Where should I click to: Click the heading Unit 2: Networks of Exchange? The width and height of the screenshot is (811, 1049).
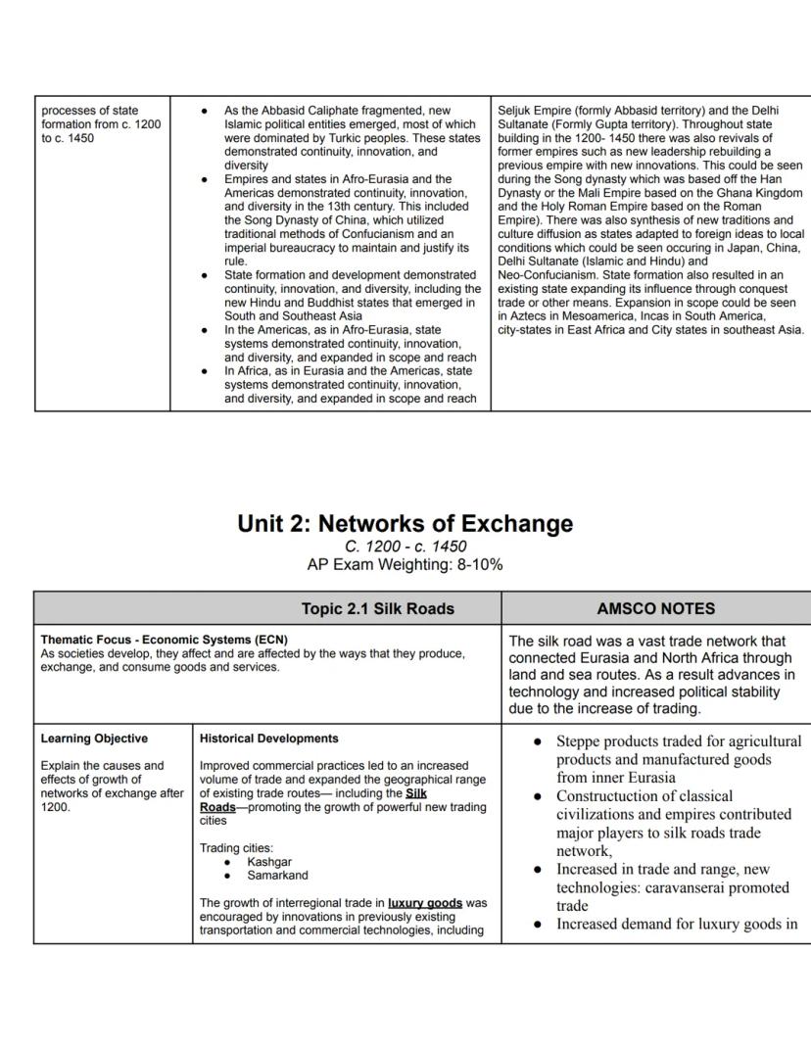click(405, 523)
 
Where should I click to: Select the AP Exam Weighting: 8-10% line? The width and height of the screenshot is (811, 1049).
click(405, 564)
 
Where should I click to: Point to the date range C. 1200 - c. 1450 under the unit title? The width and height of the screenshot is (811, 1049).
click(405, 546)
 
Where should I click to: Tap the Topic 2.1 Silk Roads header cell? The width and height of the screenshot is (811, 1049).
click(377, 608)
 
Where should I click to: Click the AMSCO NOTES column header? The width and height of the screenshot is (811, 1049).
click(655, 608)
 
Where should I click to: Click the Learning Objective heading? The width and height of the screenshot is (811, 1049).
click(94, 739)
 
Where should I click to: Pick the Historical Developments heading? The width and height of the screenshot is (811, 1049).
click(268, 739)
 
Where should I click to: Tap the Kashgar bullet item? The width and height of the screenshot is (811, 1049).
click(269, 862)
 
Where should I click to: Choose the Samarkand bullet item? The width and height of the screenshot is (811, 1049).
click(277, 876)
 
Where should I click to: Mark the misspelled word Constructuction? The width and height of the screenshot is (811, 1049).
click(616, 796)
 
